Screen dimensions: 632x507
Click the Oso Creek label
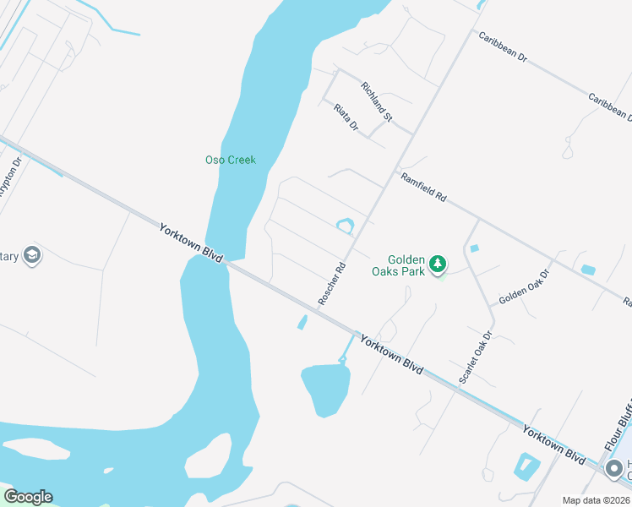tap(230, 160)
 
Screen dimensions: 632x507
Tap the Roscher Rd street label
tap(332, 283)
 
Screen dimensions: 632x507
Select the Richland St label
tap(377, 101)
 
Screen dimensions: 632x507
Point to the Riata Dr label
tap(346, 117)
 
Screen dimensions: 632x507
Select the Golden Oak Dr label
tap(524, 288)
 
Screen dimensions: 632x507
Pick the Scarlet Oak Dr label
tap(476, 357)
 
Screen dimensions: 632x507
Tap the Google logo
tap(28, 497)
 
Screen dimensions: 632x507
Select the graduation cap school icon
tap(32, 255)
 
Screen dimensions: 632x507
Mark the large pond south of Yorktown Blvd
tap(324, 388)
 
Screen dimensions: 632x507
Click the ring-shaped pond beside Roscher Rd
tap(345, 226)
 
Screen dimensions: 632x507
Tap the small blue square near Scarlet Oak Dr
tap(474, 248)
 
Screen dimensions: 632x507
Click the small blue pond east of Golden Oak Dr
tap(588, 270)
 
